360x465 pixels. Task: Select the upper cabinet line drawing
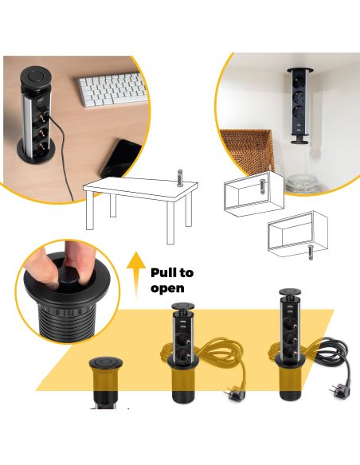click(x=253, y=193)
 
